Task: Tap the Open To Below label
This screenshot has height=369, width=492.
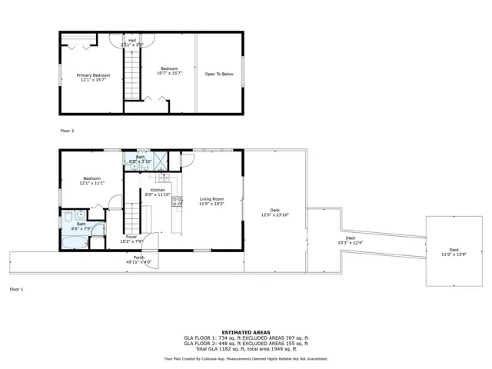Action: click(x=219, y=75)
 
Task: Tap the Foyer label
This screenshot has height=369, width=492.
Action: click(x=132, y=238)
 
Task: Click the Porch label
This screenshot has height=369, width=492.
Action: click(x=139, y=260)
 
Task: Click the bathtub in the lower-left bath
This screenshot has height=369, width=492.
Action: click(x=75, y=243)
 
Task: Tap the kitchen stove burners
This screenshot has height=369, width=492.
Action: click(x=177, y=202)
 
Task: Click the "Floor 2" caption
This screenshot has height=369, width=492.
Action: click(x=68, y=131)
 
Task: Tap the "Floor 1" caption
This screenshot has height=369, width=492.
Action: click(x=16, y=289)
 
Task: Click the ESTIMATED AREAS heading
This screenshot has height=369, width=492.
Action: click(x=246, y=332)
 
